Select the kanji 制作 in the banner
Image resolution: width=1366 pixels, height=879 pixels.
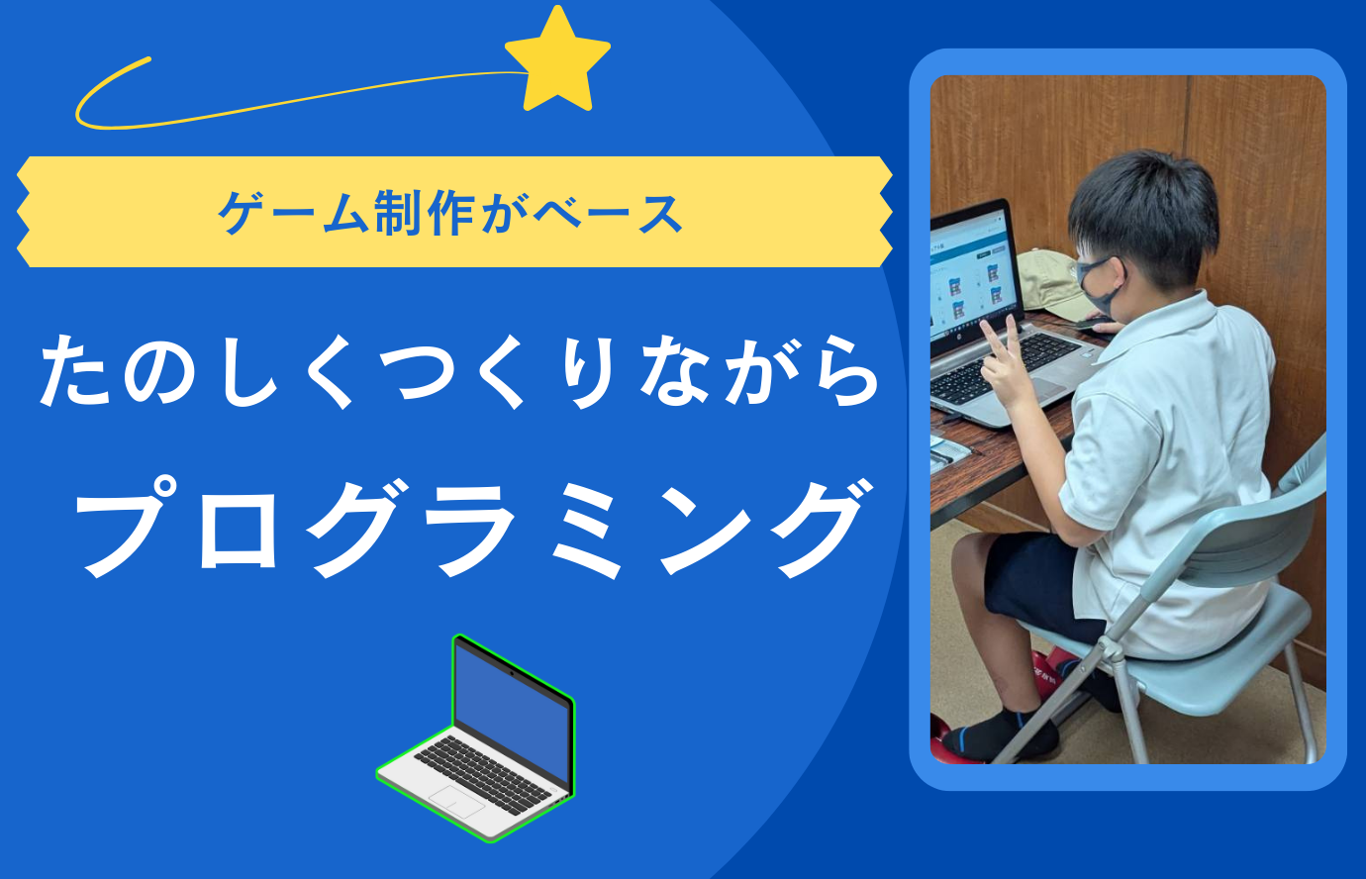(425, 212)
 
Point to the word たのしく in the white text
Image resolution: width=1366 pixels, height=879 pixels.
(196, 372)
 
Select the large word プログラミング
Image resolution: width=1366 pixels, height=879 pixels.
(471, 529)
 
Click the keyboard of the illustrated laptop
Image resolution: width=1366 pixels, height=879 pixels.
(482, 775)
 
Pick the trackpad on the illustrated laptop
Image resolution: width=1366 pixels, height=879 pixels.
(456, 801)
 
